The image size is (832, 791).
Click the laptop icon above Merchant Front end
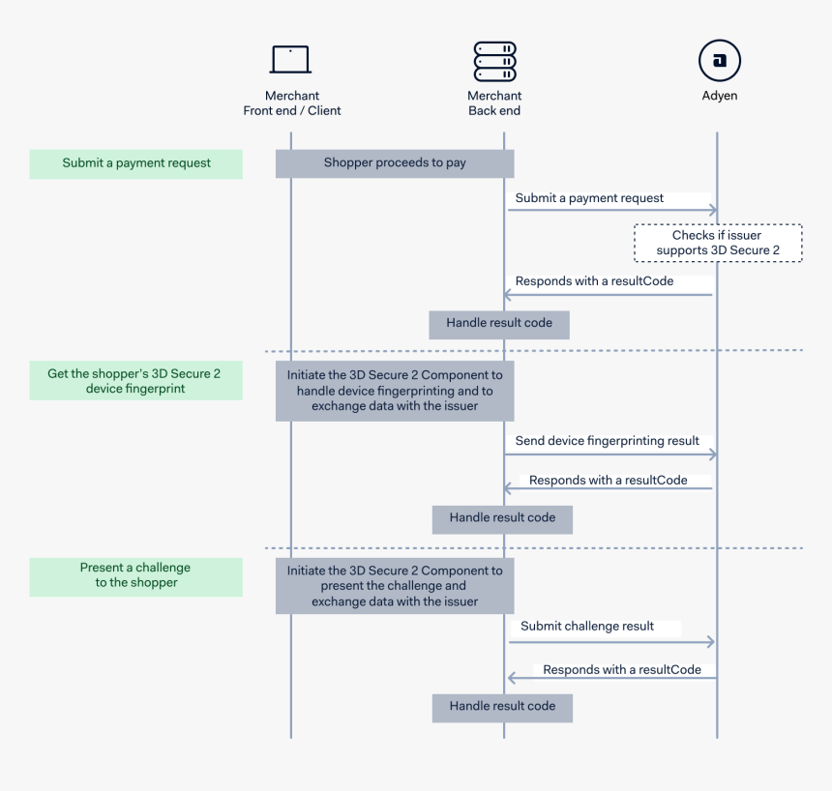coord(290,60)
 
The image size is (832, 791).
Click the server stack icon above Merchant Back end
coord(494,61)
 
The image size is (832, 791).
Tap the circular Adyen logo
coord(719,61)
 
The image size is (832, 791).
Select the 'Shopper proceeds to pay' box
coord(395,163)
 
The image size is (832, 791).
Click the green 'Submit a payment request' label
coord(136,163)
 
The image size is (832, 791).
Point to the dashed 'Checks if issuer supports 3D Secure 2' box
coord(718,244)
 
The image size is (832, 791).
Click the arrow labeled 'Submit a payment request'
coord(610,210)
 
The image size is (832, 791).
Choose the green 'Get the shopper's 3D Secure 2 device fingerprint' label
coord(136,381)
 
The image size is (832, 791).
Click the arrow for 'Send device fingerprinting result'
coord(610,454)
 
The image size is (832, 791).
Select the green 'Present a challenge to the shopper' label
coord(136,575)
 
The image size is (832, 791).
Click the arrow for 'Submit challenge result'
coord(610,641)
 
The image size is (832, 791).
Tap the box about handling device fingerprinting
coord(395,391)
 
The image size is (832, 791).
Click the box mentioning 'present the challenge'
coord(395,586)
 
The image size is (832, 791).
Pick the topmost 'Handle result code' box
coord(499,324)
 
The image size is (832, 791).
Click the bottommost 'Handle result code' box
coord(502,707)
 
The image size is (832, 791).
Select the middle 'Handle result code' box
coord(502,518)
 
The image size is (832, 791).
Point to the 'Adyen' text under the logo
coord(719,97)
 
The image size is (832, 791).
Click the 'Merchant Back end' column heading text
coord(494,103)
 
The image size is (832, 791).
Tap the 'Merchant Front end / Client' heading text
coord(292,103)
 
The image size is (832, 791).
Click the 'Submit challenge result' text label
coord(587,627)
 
